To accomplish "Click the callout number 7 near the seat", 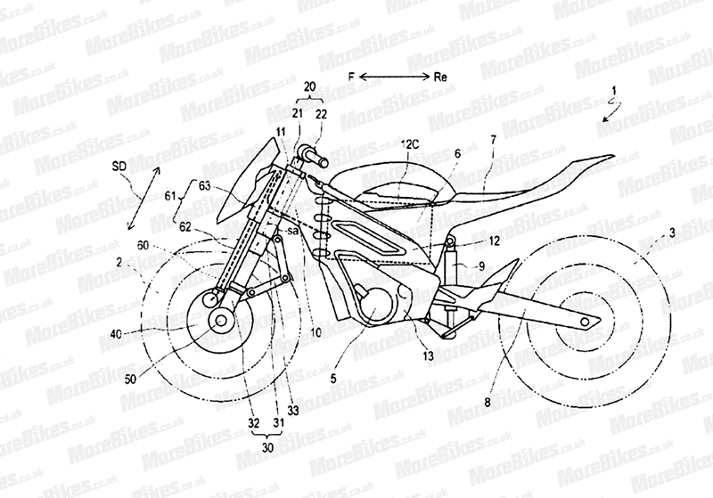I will (494, 141).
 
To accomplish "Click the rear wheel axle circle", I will (584, 321).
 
